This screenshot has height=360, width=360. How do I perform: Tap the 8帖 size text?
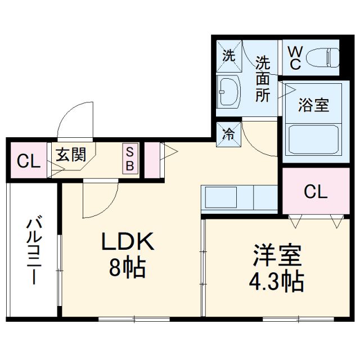pyautogui.click(x=127, y=267)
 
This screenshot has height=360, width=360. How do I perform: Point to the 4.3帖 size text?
pyautogui.click(x=276, y=280)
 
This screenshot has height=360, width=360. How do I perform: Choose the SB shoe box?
pyautogui.click(x=129, y=159)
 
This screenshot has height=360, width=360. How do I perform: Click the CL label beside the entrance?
pyautogui.click(x=28, y=161)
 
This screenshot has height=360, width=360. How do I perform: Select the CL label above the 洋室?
pyautogui.click(x=315, y=192)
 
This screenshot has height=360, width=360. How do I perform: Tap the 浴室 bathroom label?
pyautogui.click(x=313, y=105)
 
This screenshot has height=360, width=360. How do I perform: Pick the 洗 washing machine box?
pyautogui.click(x=228, y=55)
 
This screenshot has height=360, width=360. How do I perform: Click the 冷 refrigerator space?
pyautogui.click(x=228, y=134)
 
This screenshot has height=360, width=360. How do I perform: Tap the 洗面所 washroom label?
pyautogui.click(x=262, y=79)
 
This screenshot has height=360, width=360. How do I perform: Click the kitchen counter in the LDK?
pyautogui.click(x=239, y=198)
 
